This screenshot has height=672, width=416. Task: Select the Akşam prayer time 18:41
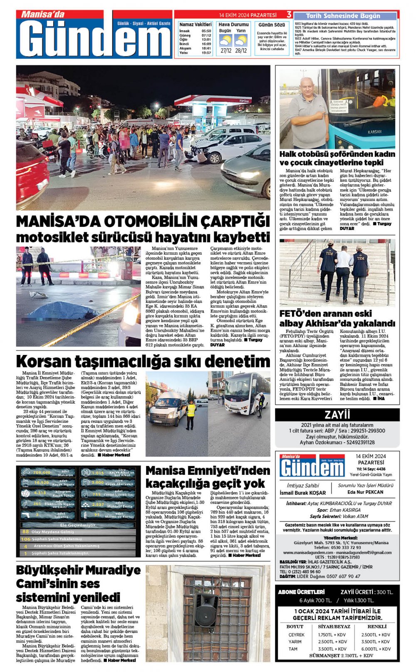(206, 48)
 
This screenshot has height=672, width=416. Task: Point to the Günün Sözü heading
(272, 25)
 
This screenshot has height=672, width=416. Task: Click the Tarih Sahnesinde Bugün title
(343, 16)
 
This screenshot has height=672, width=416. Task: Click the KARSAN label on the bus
(374, 131)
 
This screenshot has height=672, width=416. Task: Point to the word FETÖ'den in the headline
(299, 314)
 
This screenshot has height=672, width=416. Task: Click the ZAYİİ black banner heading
(337, 414)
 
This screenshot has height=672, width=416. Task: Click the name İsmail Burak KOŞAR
(302, 493)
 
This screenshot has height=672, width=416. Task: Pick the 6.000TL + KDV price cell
(376, 649)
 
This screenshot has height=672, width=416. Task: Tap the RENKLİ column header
(377, 626)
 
